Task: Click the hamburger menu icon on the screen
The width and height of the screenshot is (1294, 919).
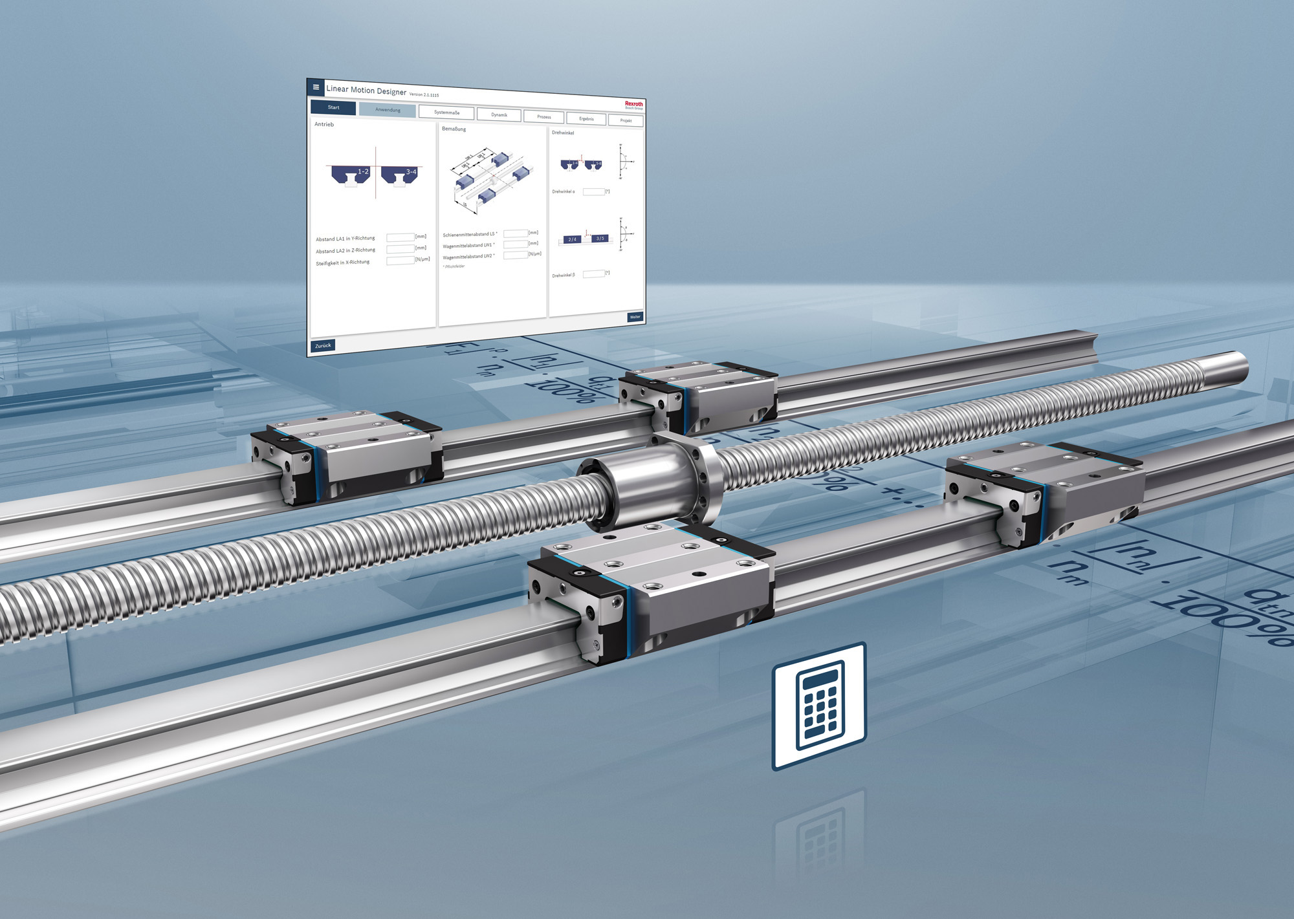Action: click(x=316, y=87)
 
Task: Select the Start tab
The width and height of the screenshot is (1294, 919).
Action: click(x=333, y=107)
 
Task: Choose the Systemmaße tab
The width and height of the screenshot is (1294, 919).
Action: click(x=446, y=113)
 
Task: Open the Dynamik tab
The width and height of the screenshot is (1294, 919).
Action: click(x=499, y=115)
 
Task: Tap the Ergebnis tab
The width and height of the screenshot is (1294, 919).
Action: click(x=586, y=119)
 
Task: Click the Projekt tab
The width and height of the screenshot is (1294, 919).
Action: click(x=626, y=121)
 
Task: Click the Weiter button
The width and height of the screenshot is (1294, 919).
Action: click(x=635, y=317)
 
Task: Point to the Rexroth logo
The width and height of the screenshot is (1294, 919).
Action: click(x=633, y=104)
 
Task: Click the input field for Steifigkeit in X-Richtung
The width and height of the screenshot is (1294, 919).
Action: click(x=400, y=261)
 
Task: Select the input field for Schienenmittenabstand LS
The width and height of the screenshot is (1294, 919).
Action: click(x=516, y=233)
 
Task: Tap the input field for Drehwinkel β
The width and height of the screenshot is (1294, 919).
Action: click(x=593, y=274)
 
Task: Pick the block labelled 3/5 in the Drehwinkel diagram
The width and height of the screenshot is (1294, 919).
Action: click(x=600, y=239)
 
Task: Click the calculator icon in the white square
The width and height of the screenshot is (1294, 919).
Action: click(x=819, y=706)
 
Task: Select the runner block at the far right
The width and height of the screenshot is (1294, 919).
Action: click(x=1042, y=492)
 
